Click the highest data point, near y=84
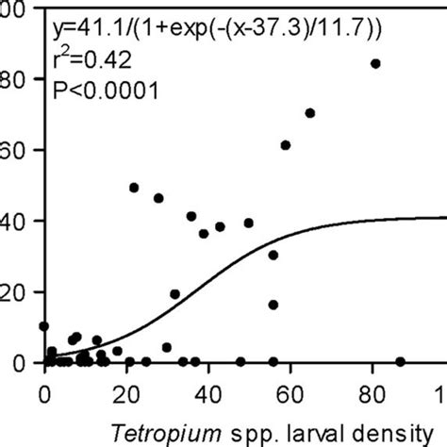[375, 64]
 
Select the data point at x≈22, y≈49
[134, 188]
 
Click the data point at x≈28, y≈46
[158, 198]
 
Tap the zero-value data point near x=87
[400, 361]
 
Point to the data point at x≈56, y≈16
[273, 305]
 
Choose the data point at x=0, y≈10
[44, 326]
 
